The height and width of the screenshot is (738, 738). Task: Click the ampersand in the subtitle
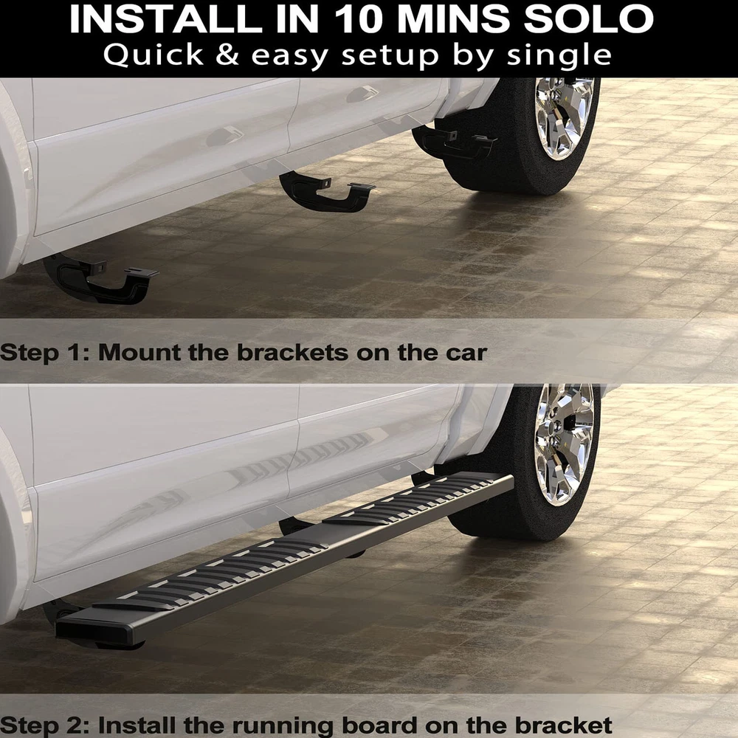[228, 55]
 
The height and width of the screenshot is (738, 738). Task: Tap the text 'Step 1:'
[45, 354]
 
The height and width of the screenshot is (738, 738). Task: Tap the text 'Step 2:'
[46, 725]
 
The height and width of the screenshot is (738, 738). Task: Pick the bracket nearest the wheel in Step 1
[454, 142]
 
